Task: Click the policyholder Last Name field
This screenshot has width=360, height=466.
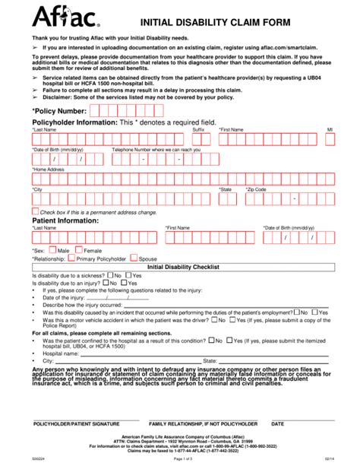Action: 110,139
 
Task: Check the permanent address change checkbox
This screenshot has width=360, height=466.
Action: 34,211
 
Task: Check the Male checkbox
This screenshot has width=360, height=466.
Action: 52,249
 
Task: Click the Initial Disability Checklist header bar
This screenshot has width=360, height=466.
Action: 182,268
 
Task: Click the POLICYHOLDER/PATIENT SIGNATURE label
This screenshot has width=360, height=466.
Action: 76,423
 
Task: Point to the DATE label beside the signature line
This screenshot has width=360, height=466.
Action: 278,423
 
